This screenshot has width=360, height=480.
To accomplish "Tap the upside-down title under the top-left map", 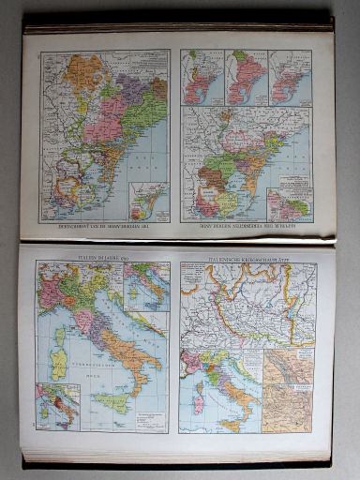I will pos(100,229).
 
